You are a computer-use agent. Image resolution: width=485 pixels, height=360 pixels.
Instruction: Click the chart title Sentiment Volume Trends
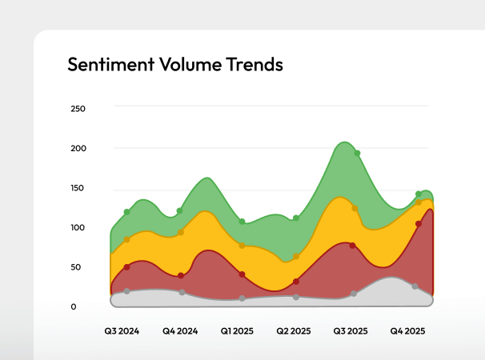[175, 65]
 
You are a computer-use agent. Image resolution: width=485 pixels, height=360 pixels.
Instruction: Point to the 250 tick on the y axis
[78, 109]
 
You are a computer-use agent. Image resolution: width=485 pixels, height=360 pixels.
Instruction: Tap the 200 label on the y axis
[78, 149]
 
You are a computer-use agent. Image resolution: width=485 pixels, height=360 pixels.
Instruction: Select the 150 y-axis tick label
[78, 189]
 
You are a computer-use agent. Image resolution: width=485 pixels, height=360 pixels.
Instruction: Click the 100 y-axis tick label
[78, 228]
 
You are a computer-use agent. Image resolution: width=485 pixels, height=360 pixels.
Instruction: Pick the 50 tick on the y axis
[77, 267]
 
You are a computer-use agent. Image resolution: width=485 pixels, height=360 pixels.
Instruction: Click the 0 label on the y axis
[74, 306]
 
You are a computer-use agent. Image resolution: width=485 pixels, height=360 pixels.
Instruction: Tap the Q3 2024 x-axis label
[122, 330]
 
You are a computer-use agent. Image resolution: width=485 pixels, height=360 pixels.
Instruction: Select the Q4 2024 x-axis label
[180, 330]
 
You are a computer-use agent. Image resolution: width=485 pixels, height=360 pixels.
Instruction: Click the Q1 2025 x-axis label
[238, 330]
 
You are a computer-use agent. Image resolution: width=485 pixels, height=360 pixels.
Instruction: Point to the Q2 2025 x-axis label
[294, 330]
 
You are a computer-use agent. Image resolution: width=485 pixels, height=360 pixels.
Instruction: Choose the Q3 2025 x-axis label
[351, 330]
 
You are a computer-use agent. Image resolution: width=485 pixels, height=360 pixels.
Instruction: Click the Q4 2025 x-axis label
[407, 330]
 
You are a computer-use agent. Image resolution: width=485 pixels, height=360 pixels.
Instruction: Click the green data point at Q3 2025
[357, 153]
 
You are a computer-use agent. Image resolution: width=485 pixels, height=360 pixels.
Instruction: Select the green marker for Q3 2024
[126, 212]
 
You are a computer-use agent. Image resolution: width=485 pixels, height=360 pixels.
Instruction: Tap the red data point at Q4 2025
[419, 224]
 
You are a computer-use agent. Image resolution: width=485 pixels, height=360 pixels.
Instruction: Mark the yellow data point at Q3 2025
[355, 208]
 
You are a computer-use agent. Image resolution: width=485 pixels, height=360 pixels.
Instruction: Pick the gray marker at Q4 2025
[415, 286]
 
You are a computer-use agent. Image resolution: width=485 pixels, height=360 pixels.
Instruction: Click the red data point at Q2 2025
[296, 282]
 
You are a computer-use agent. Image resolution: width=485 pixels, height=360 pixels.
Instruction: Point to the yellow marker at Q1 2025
[242, 246]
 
